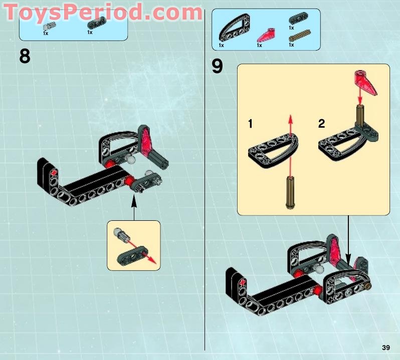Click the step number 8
point(25,56)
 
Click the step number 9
point(218,67)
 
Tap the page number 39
point(386,347)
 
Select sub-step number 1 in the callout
point(250,124)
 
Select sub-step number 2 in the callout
point(321,124)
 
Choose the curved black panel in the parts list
point(234,28)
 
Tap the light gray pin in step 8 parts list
point(50,26)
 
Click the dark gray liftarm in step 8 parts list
point(96,23)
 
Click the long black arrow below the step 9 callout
point(348,239)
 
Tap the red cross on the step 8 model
point(53,174)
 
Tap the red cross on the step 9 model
point(243,283)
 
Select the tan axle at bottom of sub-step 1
point(290,192)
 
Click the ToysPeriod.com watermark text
point(103,12)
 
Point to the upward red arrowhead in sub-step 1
point(290,120)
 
